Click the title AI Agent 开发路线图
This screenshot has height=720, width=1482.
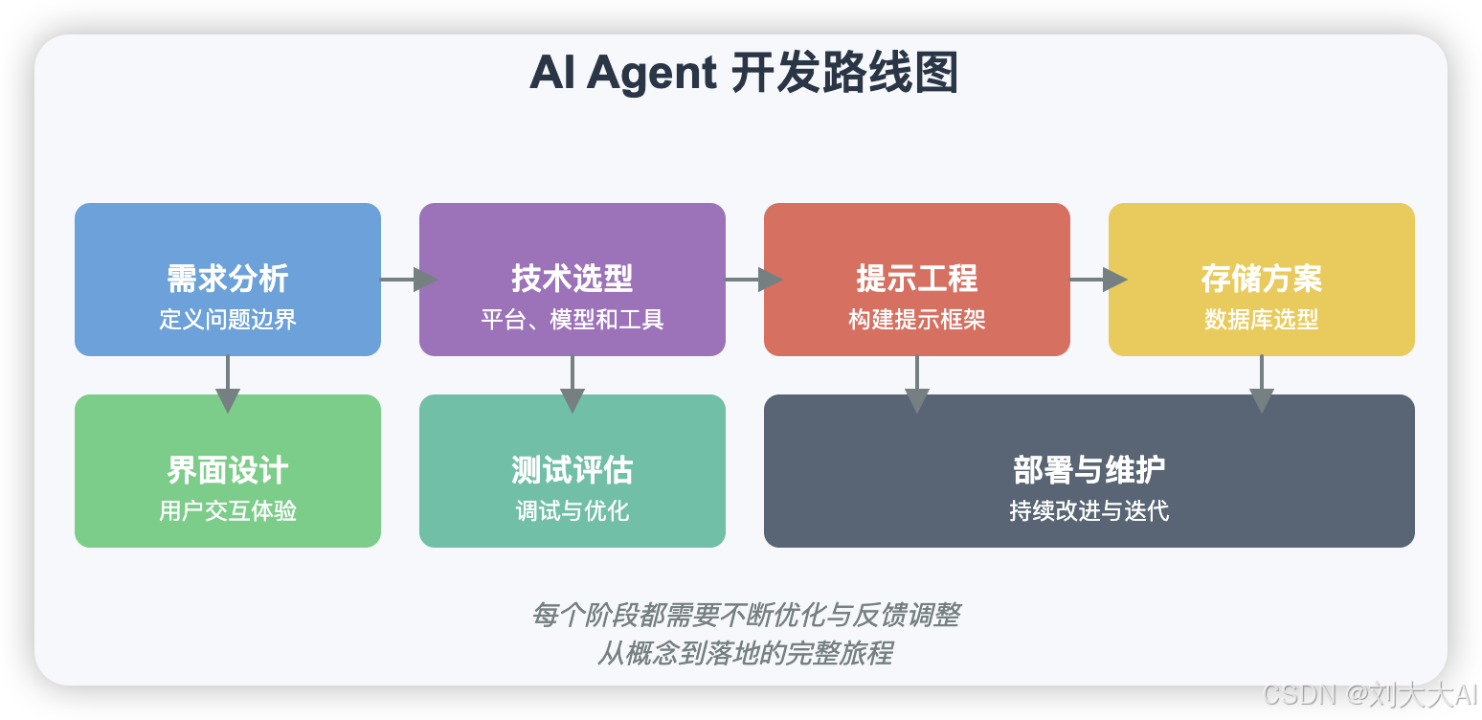(x=744, y=74)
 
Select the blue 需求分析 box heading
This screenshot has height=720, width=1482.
(x=228, y=279)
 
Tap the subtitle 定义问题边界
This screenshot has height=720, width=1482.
(x=228, y=319)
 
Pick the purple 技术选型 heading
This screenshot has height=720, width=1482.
(x=573, y=279)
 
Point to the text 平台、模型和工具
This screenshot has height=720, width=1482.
(x=573, y=319)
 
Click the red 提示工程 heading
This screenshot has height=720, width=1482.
(x=917, y=279)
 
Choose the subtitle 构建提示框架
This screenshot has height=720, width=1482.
(x=917, y=319)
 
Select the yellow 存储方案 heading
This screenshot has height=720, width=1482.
(x=1262, y=279)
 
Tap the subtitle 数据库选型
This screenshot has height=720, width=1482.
(x=1262, y=319)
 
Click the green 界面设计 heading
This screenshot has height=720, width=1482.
(x=228, y=470)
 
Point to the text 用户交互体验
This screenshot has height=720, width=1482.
(x=228, y=510)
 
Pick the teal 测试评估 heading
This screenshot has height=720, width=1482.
(x=573, y=470)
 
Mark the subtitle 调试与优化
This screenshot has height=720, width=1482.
(x=573, y=510)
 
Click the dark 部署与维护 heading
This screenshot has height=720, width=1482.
(x=1089, y=470)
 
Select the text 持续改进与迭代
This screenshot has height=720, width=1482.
(x=1089, y=510)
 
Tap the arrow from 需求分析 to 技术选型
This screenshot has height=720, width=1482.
(x=408, y=280)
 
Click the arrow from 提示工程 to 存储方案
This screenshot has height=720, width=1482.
(x=1097, y=280)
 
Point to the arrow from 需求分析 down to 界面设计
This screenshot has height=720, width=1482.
(x=228, y=383)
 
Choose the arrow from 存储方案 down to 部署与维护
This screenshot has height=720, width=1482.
(x=1262, y=383)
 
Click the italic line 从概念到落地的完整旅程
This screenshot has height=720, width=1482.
(x=745, y=653)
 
